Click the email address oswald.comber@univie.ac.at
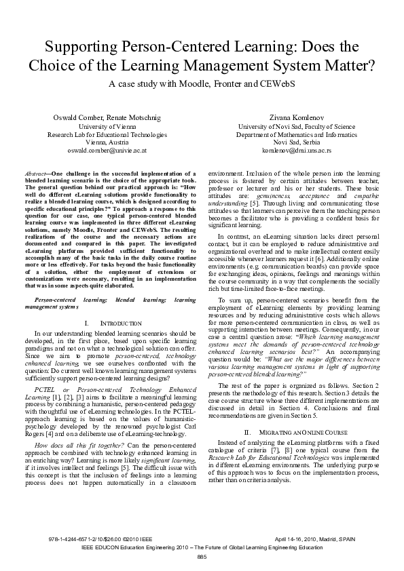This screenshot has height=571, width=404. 107,150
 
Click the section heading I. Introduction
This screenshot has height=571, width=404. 113,324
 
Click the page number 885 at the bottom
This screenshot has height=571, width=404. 202,557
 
